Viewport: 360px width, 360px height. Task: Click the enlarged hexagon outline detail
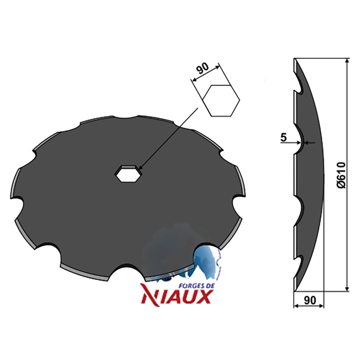(221, 100)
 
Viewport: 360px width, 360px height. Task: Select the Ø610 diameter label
(342, 175)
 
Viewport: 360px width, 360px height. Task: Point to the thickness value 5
(284, 137)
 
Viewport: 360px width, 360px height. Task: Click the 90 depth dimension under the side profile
(310, 300)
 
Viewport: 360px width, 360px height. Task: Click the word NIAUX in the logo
(176, 297)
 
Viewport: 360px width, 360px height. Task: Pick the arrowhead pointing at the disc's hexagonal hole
(141, 169)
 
